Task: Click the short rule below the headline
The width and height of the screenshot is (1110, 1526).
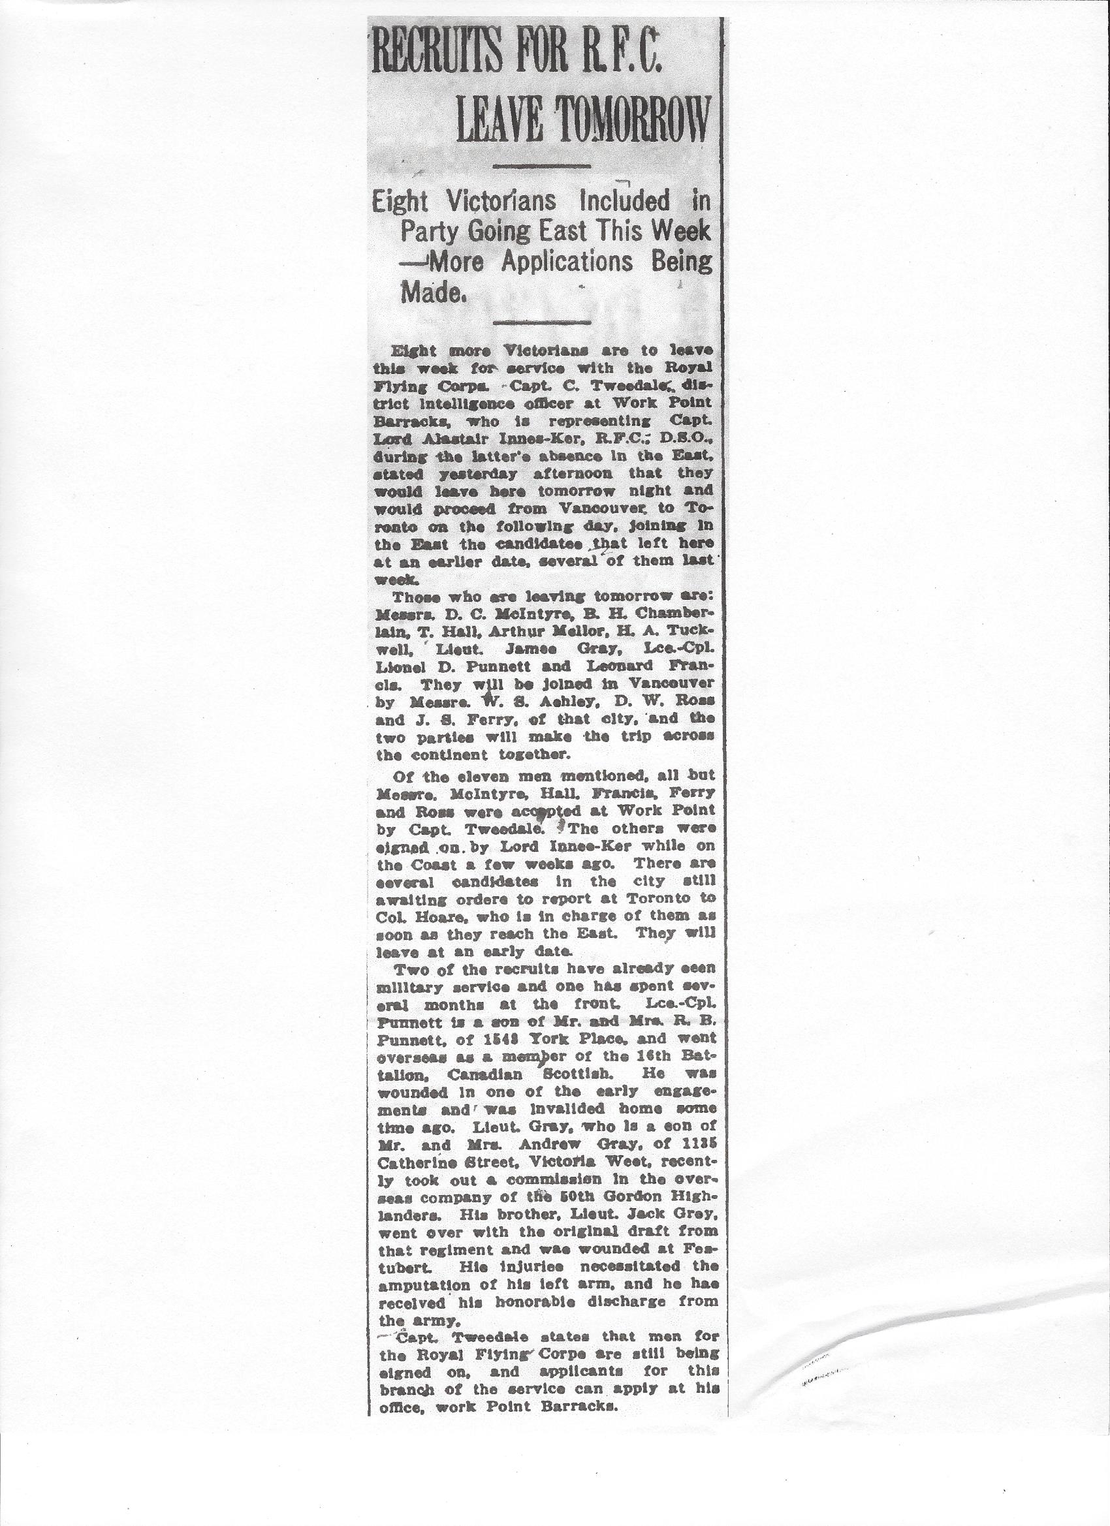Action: click(542, 166)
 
